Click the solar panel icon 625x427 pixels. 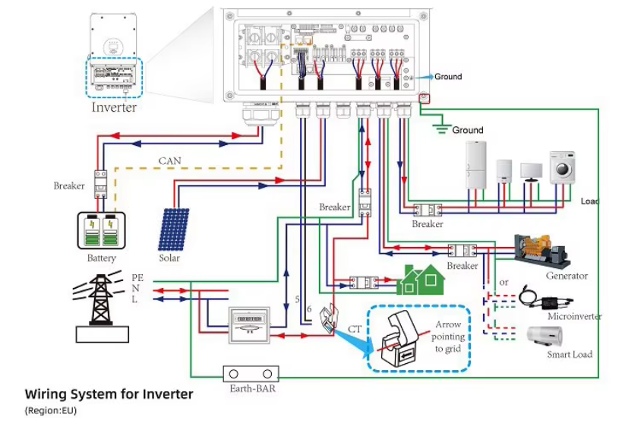pos(174,229)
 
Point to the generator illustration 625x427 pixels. pos(541,251)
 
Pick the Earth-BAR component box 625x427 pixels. pos(251,375)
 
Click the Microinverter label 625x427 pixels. pos(574,316)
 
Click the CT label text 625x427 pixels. pos(355,329)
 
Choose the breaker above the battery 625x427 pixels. pos(99,185)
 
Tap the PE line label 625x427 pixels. pos(137,278)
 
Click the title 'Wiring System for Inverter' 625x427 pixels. pos(109,394)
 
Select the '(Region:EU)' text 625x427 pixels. pos(50,411)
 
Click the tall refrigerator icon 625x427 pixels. pos(475,163)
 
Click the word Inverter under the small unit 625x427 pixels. pos(114,107)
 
